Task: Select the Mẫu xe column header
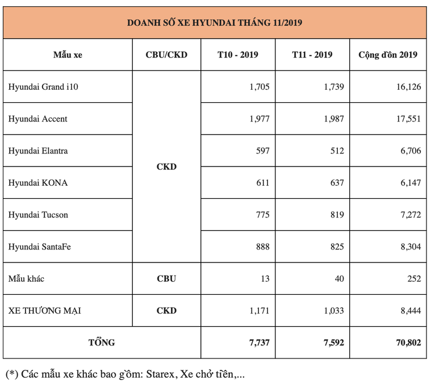click(68, 55)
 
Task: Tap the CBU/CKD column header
click(166, 55)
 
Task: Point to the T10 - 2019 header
click(238, 55)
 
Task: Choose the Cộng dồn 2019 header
click(388, 55)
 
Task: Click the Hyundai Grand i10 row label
click(43, 87)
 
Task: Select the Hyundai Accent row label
click(37, 119)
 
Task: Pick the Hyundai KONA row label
click(38, 183)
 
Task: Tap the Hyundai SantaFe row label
click(40, 247)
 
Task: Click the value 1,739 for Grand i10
click(334, 87)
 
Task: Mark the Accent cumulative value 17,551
click(408, 119)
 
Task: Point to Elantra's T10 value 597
click(263, 151)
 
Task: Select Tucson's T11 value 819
click(337, 215)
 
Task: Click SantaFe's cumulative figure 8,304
click(411, 247)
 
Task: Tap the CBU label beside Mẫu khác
click(166, 278)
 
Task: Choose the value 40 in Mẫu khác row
click(339, 278)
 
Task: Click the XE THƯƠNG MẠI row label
click(44, 311)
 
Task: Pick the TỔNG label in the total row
click(102, 343)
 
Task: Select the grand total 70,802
click(408, 343)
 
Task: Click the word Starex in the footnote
click(160, 374)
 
